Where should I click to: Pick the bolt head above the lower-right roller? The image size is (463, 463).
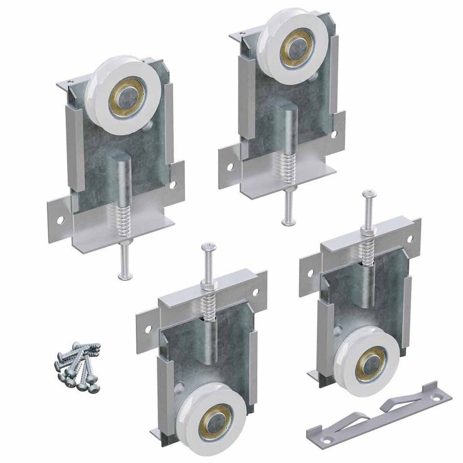click(370, 194)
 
